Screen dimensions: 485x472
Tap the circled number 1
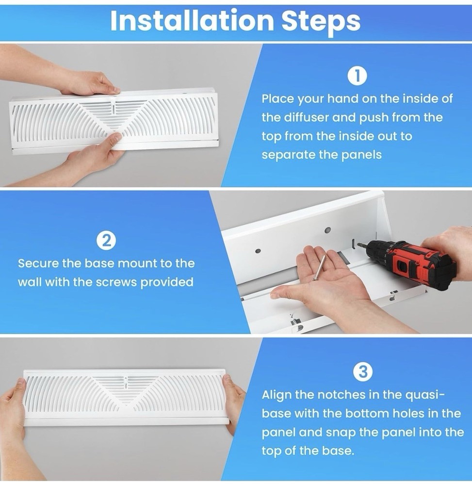tap(357, 76)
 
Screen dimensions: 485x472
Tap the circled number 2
tap(106, 241)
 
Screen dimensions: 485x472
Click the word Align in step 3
tap(278, 394)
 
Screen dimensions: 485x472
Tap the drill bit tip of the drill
tap(358, 245)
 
